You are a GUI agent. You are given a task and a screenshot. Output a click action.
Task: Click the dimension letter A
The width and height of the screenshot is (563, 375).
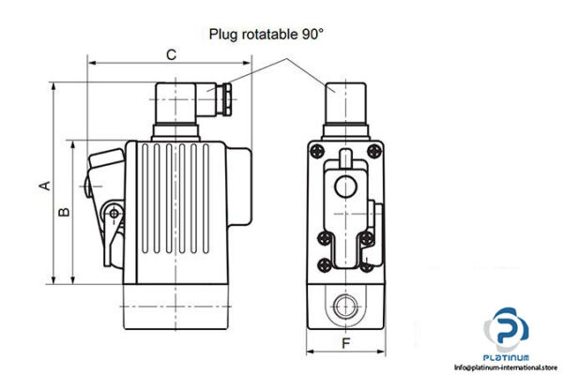43,185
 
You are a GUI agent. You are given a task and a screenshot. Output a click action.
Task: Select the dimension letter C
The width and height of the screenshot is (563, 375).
170,55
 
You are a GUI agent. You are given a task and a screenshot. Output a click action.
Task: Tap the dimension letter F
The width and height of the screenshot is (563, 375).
345,343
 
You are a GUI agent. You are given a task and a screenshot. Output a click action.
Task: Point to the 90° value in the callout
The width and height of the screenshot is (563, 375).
311,35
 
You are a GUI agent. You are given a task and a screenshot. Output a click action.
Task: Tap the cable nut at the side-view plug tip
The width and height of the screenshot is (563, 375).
227,96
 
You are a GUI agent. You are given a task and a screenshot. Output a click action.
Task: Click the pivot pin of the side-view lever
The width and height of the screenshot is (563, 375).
114,215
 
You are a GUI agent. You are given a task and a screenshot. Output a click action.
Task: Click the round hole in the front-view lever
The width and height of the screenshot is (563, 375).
346,184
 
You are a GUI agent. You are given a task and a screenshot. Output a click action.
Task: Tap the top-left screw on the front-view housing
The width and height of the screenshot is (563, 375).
319,152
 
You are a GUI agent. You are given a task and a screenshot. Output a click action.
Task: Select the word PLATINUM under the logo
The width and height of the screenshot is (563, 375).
507,358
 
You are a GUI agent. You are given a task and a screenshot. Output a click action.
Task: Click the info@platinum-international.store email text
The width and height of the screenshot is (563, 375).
507,367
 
